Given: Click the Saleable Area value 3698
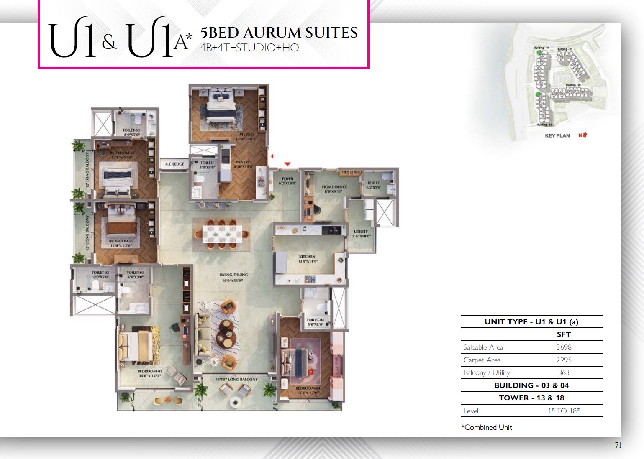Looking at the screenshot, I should coord(564,347).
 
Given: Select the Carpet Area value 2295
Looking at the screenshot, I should coord(564,360).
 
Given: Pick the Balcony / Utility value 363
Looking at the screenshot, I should coord(564,372).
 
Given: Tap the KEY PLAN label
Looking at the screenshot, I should coord(557,135).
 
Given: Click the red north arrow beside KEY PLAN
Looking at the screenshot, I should coord(584,135).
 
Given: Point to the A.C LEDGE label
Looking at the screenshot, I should coord(174,164).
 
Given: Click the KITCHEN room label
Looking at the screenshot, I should coord(307,257).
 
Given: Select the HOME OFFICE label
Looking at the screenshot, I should coord(334,187).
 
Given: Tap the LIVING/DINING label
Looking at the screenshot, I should coord(233,275).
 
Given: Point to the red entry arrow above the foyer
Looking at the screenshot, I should coord(287,164).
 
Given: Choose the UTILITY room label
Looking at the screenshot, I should coord(361,232).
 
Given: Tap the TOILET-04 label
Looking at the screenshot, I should coord(315,320).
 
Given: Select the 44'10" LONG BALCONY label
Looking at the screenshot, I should coord(236,380).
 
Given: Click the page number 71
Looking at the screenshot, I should coord(618,445).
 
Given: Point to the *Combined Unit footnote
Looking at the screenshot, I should coord(486,427).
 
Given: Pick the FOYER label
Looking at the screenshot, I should coord(287,179).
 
